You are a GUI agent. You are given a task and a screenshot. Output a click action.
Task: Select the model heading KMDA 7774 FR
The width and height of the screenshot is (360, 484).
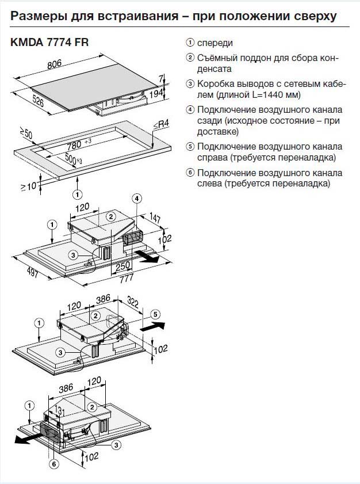49,42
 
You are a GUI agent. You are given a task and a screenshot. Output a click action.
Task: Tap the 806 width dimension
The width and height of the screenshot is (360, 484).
70,65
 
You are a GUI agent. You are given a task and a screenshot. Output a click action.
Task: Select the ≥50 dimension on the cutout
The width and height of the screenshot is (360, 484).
26,136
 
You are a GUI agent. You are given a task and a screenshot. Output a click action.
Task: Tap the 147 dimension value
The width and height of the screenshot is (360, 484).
155,216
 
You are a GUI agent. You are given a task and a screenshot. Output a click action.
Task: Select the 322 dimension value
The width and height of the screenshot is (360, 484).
133,301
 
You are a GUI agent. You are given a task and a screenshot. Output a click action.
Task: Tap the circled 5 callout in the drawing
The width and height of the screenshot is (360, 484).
155,314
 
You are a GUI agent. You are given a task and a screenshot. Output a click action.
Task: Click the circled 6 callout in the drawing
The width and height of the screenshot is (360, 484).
54,463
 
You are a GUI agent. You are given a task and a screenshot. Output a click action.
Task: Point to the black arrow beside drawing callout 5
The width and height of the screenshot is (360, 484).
152,326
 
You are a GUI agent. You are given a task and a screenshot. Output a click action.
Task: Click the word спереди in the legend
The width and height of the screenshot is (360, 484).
216,43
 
